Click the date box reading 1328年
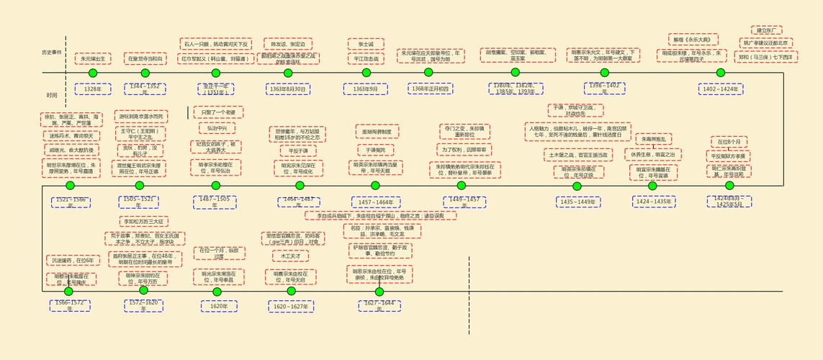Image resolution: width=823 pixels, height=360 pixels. [x=93, y=89]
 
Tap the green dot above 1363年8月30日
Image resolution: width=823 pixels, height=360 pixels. [x=288, y=73]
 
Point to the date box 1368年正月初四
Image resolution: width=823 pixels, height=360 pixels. [x=430, y=89]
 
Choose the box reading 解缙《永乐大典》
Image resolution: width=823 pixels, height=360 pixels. [x=693, y=40]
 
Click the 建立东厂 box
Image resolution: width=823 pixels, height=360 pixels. [x=766, y=30]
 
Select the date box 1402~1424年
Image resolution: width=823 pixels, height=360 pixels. [x=720, y=89]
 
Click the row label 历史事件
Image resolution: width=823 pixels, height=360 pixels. [x=52, y=53]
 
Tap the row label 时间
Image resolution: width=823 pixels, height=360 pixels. [x=52, y=95]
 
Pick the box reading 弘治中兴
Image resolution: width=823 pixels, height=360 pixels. [x=217, y=128]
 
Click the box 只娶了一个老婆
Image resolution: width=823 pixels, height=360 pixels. [x=218, y=112]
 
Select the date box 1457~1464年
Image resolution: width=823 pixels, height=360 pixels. [x=375, y=202]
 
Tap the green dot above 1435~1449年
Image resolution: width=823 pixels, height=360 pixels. [x=577, y=186]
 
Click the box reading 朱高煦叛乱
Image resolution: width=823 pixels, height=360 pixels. [x=653, y=139]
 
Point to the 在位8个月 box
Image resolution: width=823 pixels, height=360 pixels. [x=729, y=142]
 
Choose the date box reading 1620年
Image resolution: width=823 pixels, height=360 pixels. [x=219, y=306]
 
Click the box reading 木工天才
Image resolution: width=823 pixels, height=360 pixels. [x=291, y=256]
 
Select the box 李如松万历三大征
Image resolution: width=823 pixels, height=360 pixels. [x=144, y=222]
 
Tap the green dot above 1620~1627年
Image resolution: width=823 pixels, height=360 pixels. [x=291, y=291]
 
